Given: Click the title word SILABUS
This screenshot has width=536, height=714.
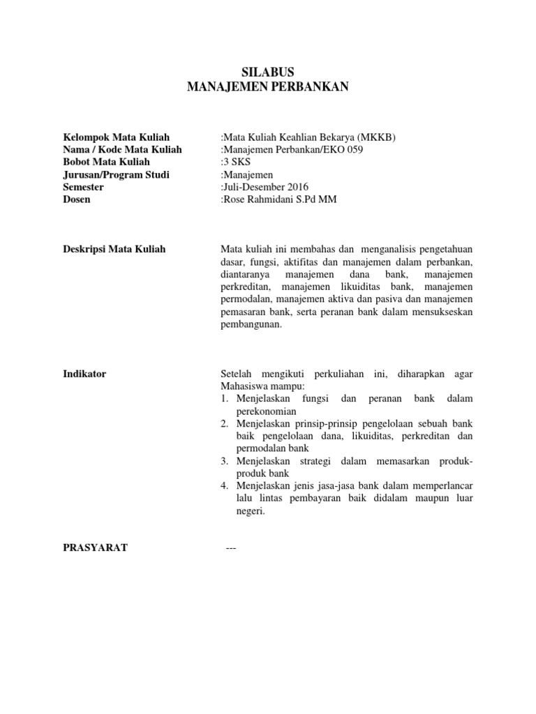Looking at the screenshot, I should tap(267, 73).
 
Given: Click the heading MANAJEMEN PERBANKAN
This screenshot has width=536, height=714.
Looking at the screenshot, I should tap(267, 87).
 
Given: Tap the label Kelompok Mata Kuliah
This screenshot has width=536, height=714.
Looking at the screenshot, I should tap(117, 137).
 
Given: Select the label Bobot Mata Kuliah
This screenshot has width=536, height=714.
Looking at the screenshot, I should tap(111, 162).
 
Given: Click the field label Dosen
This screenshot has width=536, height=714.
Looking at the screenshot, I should tap(77, 199).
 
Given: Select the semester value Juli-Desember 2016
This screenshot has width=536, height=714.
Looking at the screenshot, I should tap(266, 187).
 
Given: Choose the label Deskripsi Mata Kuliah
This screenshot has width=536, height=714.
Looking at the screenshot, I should tap(114, 249).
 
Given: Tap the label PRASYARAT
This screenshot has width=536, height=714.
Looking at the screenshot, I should tap(95, 548).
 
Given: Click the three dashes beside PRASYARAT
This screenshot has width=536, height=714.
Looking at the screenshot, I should tap(232, 548).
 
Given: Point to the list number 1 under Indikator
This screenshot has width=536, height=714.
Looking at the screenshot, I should tap(225, 399).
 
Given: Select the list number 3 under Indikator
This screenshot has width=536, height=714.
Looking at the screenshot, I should tap(225, 461).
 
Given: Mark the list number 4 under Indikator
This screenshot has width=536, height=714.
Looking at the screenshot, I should tap(225, 486).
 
